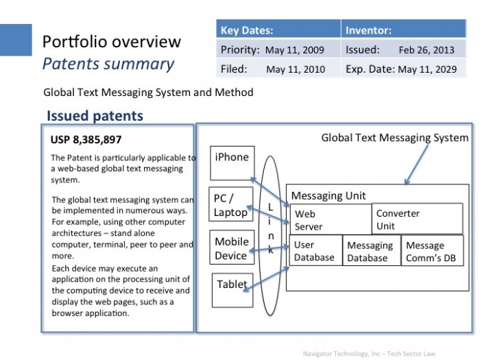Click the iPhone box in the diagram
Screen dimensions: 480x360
pyautogui.click(x=232, y=163)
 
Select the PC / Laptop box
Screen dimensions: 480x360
pyautogui.click(x=231, y=204)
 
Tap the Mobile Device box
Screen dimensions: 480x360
pyautogui.click(x=232, y=248)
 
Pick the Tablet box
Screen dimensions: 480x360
pyautogui.click(x=232, y=290)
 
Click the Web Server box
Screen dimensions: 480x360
pyautogui.click(x=331, y=219)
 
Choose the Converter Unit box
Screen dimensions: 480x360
pyautogui.click(x=417, y=219)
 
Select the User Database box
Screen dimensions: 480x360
pyautogui.click(x=316, y=250)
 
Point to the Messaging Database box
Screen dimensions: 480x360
pyautogui.click(x=372, y=250)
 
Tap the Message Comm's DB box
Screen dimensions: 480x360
pyautogui.click(x=432, y=250)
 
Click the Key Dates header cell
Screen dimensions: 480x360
pyautogui.click(x=278, y=29)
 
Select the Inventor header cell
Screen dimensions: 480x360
pyautogui.click(x=404, y=29)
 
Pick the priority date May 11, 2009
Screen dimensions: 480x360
pyautogui.click(x=294, y=50)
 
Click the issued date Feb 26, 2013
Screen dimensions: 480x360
pyautogui.click(x=427, y=50)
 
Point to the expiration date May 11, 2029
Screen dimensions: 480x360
pyautogui.click(x=427, y=69)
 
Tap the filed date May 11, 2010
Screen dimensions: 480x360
pyautogui.click(x=296, y=69)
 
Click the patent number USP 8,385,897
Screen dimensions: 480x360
pyautogui.click(x=86, y=140)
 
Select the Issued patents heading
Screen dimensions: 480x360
pyautogui.click(x=95, y=116)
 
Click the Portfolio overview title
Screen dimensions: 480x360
pyautogui.click(x=112, y=42)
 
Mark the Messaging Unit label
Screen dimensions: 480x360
pyautogui.click(x=328, y=195)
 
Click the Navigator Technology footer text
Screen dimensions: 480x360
pyautogui.click(x=369, y=354)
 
